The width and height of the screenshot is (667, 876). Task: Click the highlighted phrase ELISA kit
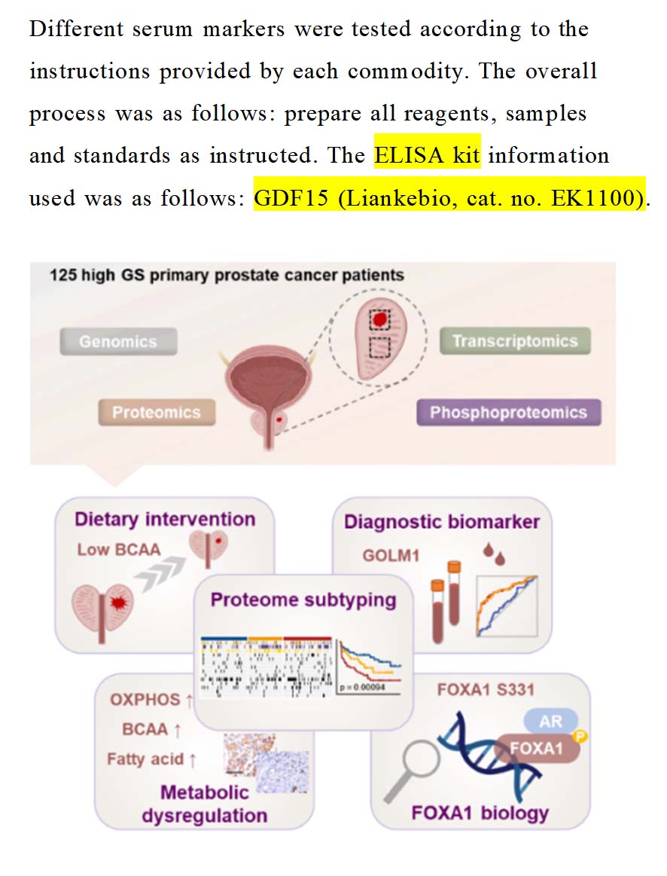tap(427, 157)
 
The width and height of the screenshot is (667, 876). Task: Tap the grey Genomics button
tap(118, 341)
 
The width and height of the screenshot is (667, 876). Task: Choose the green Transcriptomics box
tap(515, 341)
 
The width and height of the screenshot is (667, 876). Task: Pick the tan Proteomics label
tap(157, 412)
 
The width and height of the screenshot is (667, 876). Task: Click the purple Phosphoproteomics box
tap(508, 412)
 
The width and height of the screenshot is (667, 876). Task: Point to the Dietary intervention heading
tap(165, 519)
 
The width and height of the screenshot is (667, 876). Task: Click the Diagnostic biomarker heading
tap(442, 522)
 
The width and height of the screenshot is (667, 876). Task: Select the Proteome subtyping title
tap(303, 600)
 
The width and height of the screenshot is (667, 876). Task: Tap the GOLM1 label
tap(391, 555)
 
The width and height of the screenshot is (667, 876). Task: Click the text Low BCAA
tap(119, 549)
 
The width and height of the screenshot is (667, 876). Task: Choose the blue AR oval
tap(550, 722)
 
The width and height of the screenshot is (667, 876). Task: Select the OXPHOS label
tap(145, 699)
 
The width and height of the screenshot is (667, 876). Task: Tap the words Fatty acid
tap(145, 758)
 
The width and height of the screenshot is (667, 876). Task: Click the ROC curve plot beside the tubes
tap(507, 606)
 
